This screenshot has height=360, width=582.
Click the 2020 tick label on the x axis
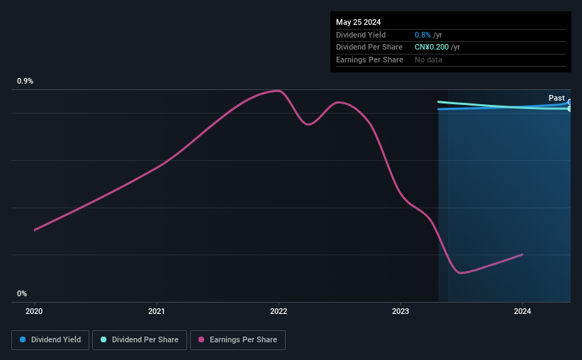tap(34, 310)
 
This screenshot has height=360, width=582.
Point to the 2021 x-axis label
tap(157, 310)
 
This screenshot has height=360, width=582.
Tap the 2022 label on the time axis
tap(279, 310)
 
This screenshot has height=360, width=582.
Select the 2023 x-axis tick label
tap(401, 310)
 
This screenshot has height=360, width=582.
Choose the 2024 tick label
tap(522, 310)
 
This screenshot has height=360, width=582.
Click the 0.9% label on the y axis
tap(26, 81)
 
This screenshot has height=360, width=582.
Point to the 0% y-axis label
tap(22, 293)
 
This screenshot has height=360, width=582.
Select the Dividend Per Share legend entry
tap(140, 339)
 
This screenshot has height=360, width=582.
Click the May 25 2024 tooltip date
tap(359, 22)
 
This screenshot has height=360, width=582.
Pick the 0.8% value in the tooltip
tap(422, 35)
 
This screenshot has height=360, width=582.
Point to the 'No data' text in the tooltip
tap(428, 60)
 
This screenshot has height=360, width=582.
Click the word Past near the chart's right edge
tap(556, 98)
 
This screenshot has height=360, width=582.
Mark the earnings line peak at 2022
tap(278, 91)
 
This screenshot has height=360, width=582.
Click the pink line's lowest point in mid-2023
tap(461, 273)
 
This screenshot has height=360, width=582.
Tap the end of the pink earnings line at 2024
tap(522, 254)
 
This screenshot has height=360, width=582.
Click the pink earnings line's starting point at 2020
tap(34, 230)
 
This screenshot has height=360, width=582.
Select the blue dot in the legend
tap(23, 339)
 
